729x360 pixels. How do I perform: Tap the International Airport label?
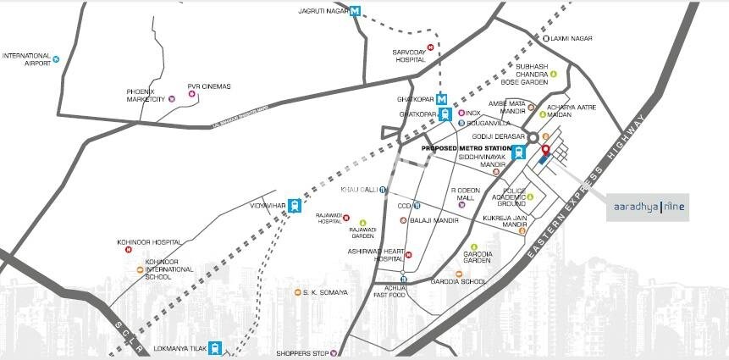pos(25,58)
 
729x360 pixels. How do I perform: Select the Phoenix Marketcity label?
pos(145,95)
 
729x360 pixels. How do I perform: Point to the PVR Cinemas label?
pos(209,86)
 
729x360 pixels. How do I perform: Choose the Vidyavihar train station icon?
pos(294,204)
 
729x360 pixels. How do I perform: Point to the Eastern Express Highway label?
pos(583,202)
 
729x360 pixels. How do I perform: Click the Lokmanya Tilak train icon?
pos(217,347)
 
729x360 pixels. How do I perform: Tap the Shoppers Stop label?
pos(302,353)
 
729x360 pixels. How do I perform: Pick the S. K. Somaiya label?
pos(322,293)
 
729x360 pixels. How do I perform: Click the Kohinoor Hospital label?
pos(149,242)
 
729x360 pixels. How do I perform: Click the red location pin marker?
pos(545,152)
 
